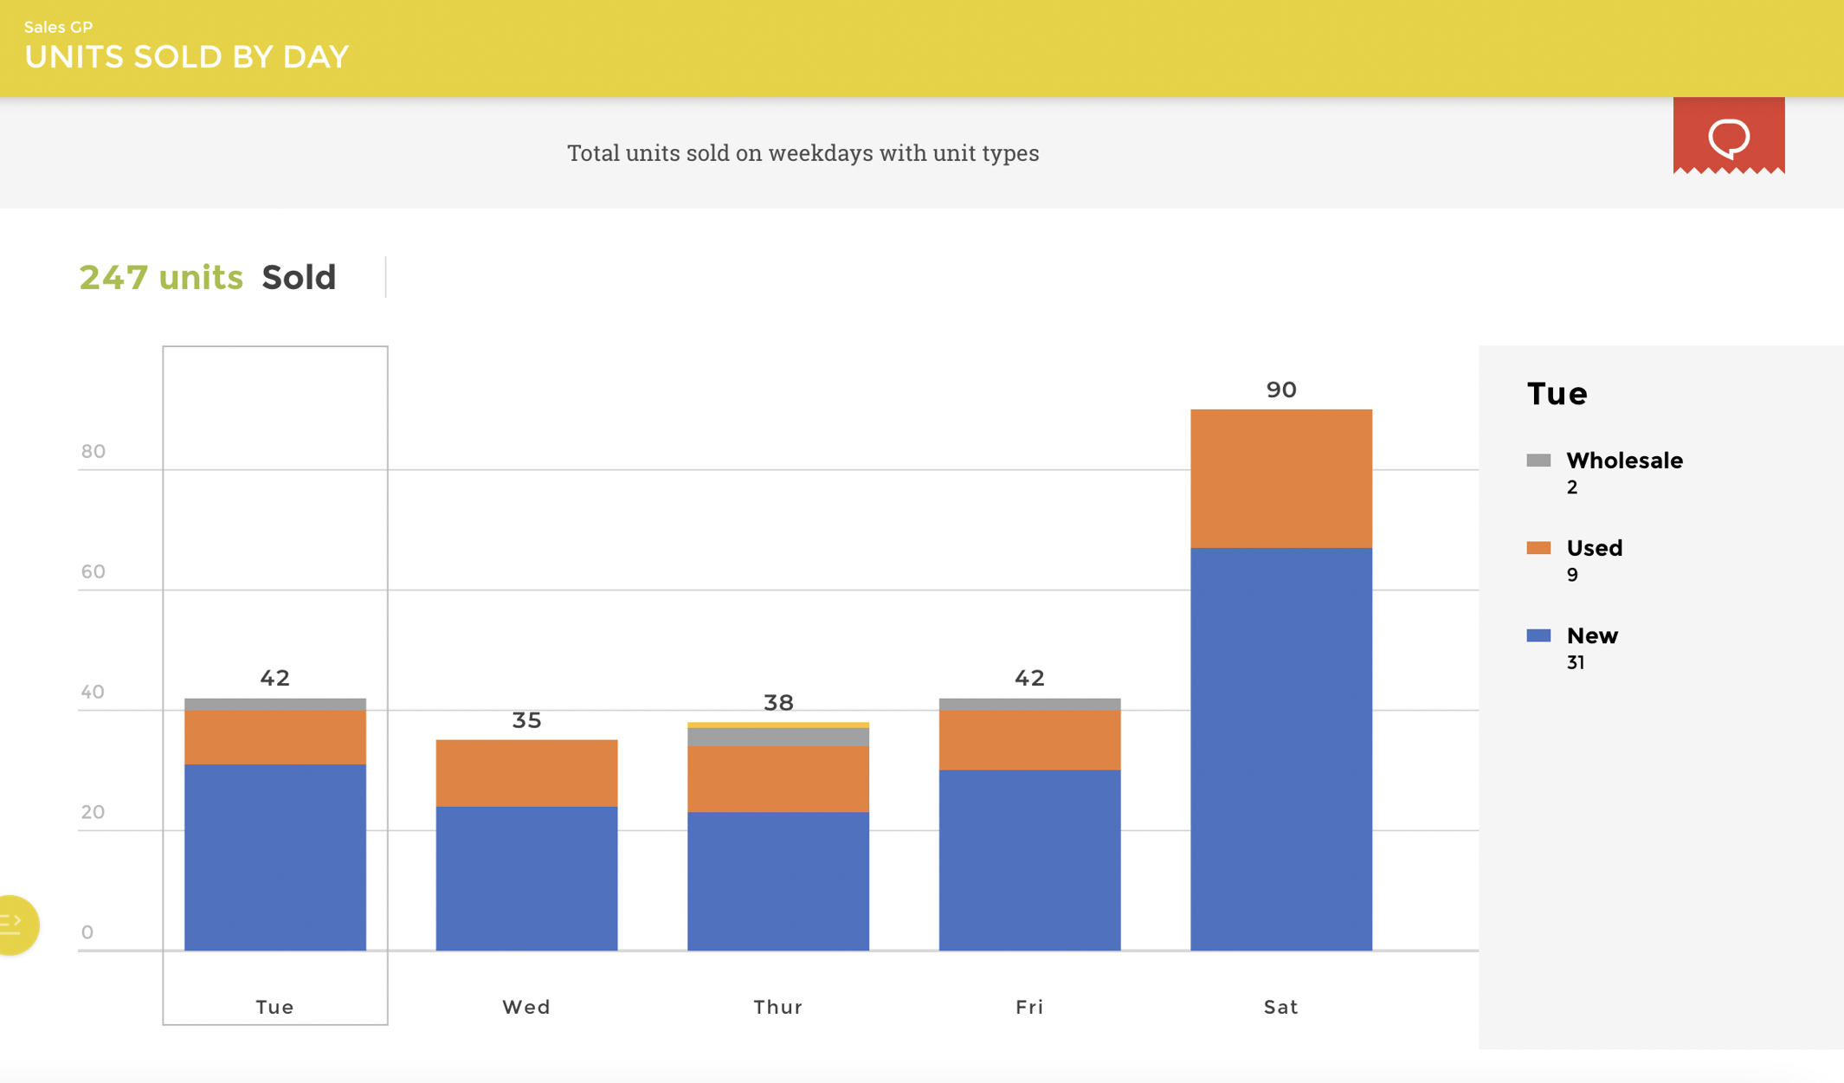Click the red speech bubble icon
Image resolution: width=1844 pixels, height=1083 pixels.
tap(1728, 136)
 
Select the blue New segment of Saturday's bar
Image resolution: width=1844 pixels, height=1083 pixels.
tap(1280, 749)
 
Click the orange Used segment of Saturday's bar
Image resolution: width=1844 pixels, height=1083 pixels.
tap(1280, 478)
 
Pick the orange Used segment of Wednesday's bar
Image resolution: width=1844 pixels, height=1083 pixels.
tap(526, 772)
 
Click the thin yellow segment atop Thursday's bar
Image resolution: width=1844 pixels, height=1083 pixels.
tap(777, 725)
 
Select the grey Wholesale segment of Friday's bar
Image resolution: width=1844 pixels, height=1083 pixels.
tap(1029, 704)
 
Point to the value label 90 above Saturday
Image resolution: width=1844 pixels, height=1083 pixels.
tap(1280, 390)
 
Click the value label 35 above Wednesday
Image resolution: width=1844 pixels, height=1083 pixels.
tap(526, 720)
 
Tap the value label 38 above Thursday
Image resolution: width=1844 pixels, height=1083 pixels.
tap(777, 702)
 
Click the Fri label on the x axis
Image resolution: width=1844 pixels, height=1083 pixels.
tap(1029, 1007)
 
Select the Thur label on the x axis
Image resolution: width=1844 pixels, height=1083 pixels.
tap(777, 1007)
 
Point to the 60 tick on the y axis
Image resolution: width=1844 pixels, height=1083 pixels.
tap(93, 571)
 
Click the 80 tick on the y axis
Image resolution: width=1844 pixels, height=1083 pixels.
tap(93, 451)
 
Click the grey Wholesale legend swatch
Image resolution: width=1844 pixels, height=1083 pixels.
tap(1538, 460)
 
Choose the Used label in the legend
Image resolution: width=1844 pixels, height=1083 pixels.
tap(1594, 548)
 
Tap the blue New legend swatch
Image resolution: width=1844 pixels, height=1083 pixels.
tap(1538, 635)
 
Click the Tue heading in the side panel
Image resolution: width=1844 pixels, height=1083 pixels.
tap(1557, 394)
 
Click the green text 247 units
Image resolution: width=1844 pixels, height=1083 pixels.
tap(161, 277)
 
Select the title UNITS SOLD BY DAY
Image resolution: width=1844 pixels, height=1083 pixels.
tap(186, 57)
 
